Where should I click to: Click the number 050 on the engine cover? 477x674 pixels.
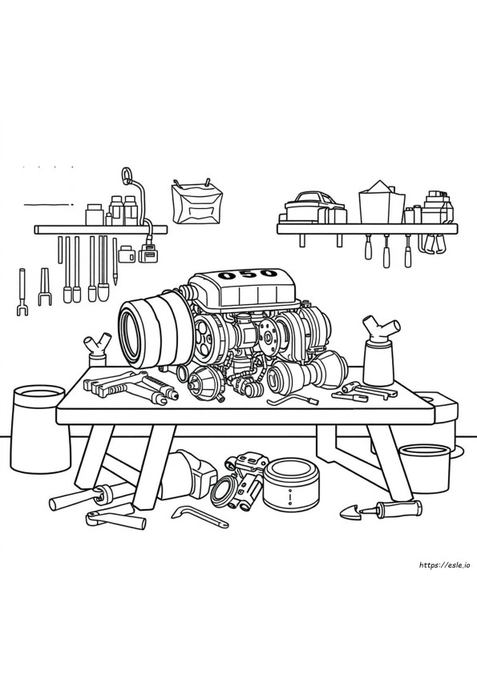click(247, 274)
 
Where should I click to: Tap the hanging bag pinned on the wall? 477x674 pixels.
click(196, 203)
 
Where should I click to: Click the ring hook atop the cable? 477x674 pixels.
click(126, 176)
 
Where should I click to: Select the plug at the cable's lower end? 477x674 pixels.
click(148, 254)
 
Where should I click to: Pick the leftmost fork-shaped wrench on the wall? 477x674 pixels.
click(22, 292)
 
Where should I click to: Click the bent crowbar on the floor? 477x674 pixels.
click(199, 516)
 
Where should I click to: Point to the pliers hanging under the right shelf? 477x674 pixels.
click(434, 243)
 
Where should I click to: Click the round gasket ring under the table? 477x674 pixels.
click(224, 490)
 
